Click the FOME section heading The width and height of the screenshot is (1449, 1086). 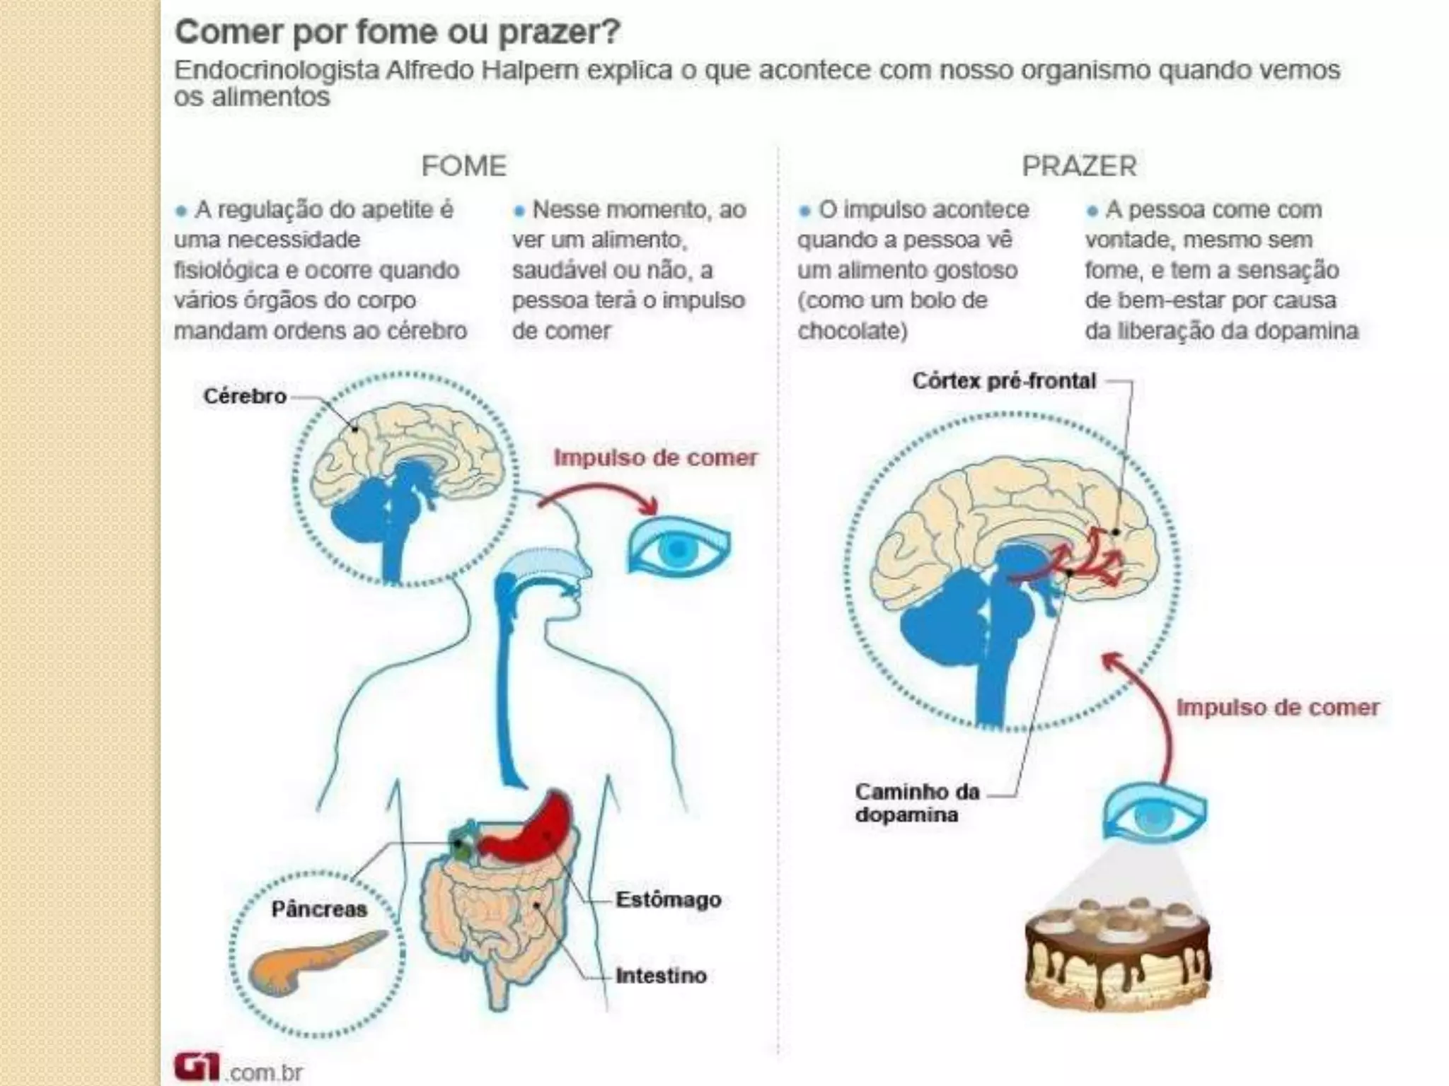click(x=464, y=166)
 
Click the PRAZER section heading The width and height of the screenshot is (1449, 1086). click(x=1079, y=166)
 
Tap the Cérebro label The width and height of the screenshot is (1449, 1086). click(x=245, y=396)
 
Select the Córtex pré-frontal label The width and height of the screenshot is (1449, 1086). click(x=1003, y=381)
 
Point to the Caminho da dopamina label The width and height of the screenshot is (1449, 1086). click(x=917, y=802)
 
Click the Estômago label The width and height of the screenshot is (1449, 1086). click(x=668, y=899)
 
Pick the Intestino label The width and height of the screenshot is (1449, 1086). click(x=661, y=976)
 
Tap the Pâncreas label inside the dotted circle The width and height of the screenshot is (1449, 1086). click(x=319, y=909)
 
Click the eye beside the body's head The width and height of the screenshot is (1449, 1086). click(x=678, y=547)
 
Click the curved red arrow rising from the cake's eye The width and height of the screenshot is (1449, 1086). click(x=1153, y=707)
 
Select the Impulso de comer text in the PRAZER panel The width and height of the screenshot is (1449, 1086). click(x=1278, y=707)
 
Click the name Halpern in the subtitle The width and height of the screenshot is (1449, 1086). click(x=530, y=70)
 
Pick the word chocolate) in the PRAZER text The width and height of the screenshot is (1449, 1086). click(x=852, y=331)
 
